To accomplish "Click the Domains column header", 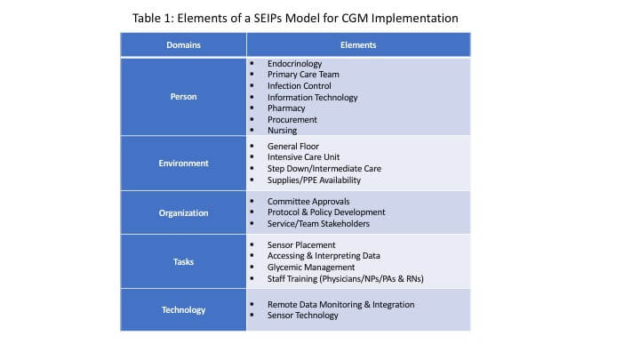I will tap(183, 44).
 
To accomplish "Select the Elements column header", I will tap(357, 44).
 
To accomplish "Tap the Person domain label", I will tap(183, 97).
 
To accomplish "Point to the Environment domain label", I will tap(183, 163).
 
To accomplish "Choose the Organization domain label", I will tap(183, 212).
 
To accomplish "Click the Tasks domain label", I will tap(183, 261).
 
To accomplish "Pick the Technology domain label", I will tap(183, 309).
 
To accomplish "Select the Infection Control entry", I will tap(299, 86).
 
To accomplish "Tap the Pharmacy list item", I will tap(286, 108).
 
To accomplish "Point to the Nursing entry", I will tap(283, 131).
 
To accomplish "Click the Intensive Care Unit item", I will tap(305, 157).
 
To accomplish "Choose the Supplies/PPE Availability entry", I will tap(314, 180).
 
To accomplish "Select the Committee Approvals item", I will tap(308, 202).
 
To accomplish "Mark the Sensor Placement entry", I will tap(301, 244).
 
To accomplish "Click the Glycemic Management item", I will tap(310, 267).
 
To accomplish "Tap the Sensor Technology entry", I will tap(302, 316).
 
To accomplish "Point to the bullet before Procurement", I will tap(252, 119).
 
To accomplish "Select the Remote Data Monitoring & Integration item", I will tap(340, 304).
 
